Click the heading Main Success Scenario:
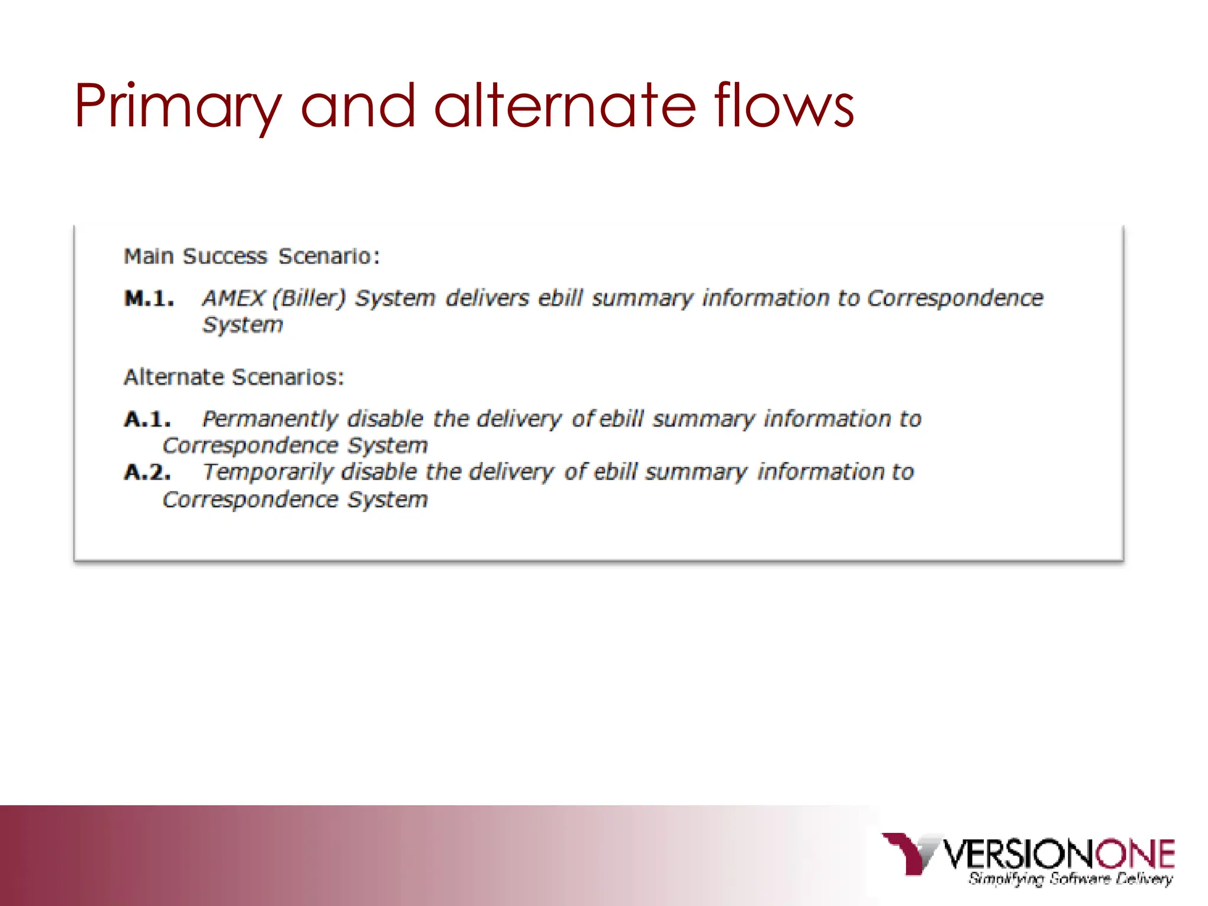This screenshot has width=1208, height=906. (252, 257)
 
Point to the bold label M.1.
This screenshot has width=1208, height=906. (149, 299)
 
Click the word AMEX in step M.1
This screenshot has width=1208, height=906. (233, 298)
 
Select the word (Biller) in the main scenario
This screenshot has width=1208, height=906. (308, 298)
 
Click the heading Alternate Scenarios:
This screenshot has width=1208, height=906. (234, 377)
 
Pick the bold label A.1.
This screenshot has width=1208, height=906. (147, 419)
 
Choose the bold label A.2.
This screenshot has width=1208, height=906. (147, 472)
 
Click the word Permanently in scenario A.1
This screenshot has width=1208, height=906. (270, 419)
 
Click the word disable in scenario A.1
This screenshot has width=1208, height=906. (385, 419)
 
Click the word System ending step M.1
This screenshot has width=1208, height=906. (242, 325)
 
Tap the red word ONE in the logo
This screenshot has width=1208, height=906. (1135, 854)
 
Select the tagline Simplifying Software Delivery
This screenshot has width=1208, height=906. (1070, 879)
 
